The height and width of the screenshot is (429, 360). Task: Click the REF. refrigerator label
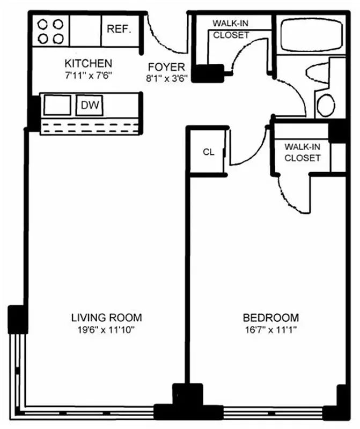119,29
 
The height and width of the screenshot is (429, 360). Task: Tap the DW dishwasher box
90,106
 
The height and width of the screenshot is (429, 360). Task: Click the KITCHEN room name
88,63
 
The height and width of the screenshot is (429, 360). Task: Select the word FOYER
167,67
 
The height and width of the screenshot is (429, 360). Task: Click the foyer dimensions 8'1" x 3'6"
167,78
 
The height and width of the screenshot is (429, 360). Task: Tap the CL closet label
208,152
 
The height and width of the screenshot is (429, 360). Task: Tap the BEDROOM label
270,317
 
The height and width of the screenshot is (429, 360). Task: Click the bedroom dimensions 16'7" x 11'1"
270,329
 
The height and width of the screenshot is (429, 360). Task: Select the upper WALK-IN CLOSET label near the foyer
231,29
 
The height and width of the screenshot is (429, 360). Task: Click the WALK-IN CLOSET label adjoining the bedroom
303,152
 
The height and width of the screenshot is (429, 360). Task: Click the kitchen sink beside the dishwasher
57,106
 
